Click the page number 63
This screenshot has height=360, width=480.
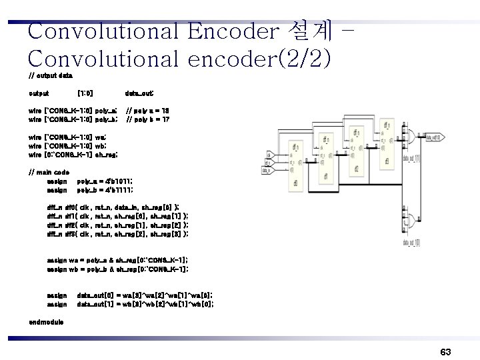pos(446,351)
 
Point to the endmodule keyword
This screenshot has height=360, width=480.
pos(47,322)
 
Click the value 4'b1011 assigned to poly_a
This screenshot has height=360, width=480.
pos(115,181)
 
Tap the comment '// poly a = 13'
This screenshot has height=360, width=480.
pos(148,108)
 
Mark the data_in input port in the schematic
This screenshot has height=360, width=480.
pos(268,170)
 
